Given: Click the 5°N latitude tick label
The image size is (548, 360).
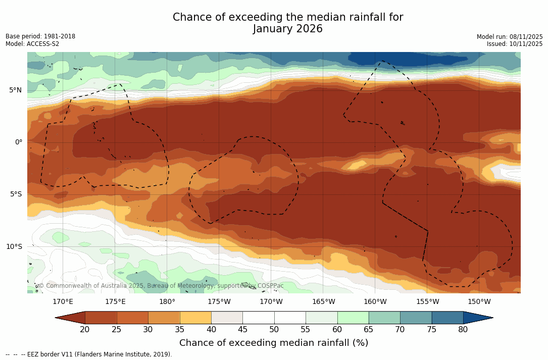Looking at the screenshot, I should pos(15,90).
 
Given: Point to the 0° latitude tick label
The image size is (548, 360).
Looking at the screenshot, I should pos(19,142).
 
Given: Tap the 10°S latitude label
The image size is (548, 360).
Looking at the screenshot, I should pos(14,247).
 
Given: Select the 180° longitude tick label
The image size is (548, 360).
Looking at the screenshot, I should pos(167,302).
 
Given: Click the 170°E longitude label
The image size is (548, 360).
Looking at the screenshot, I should pos(63,302).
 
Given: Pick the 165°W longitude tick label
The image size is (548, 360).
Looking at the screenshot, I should pos(323,302).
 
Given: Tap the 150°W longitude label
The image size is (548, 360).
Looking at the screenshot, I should pos(479,302).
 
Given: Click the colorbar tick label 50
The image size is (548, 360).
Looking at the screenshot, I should pos(274,330).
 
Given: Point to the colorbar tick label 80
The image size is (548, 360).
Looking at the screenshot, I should pos(463,330).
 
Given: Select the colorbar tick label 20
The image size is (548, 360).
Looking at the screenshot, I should pos(85,330).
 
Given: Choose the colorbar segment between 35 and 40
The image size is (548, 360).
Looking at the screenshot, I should pos(195,318).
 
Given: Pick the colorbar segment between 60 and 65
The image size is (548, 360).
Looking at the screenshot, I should pos(353,318).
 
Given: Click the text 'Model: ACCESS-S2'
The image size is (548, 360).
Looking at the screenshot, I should pos(32,44).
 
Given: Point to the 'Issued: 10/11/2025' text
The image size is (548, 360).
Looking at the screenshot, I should pos(515,44).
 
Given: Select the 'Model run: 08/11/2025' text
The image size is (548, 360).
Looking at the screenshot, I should pos(510,37).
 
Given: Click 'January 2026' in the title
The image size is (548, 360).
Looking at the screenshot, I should pos(288,29).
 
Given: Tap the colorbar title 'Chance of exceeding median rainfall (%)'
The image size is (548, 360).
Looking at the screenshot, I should pos(274,343).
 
